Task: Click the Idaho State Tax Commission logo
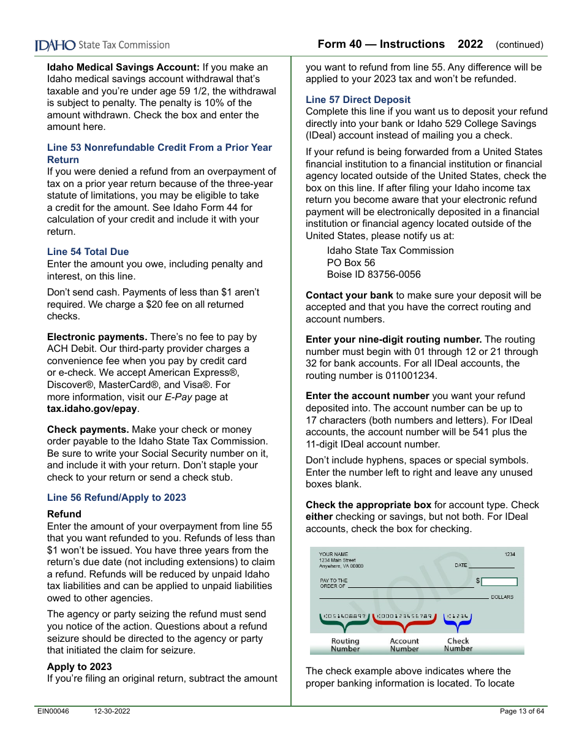point(102,45)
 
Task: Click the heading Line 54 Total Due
point(88,252)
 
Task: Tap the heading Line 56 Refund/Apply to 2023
point(116,498)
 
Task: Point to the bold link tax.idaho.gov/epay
point(92,409)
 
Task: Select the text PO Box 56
point(350,262)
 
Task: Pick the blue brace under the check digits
point(458,625)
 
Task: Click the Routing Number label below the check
point(346,645)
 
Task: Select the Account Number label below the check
point(404,645)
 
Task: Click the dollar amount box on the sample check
point(499,582)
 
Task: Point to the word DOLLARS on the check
point(502,597)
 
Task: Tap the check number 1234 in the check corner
point(510,554)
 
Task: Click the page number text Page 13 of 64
point(521,712)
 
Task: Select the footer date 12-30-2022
point(111,712)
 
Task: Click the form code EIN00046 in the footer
point(53,712)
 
